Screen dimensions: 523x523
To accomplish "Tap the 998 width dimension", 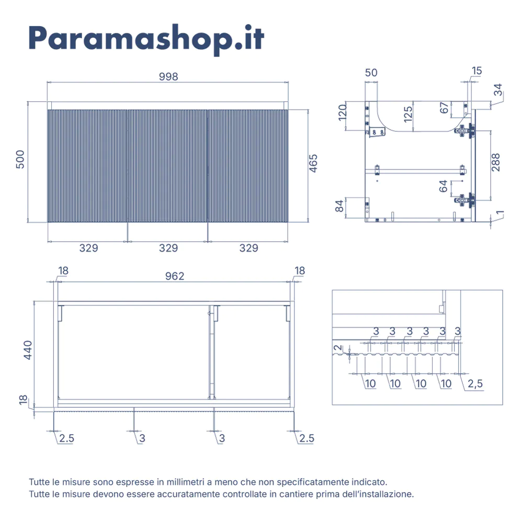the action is coord(168,77).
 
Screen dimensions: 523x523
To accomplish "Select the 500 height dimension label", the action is coord(20,160).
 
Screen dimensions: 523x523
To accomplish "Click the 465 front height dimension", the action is coord(313,163).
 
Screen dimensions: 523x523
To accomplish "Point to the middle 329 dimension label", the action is coord(168,248).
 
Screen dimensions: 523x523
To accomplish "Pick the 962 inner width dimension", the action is coord(175,276).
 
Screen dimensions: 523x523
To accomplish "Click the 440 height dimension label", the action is coord(28,350).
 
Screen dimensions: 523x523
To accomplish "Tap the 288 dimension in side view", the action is coord(496,163).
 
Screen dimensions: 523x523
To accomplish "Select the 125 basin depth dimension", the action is coord(408,115).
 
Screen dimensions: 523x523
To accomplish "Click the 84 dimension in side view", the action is coord(339,206).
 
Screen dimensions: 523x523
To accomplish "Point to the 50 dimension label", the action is coord(371,73).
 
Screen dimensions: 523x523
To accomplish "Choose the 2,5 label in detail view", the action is coord(475,383).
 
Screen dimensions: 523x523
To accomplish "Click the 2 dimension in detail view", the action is coord(338,348).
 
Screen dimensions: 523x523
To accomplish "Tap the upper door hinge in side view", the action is coord(465,131).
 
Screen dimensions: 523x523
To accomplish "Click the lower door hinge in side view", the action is coord(465,200).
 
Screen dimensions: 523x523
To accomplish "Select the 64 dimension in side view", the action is coord(443,186).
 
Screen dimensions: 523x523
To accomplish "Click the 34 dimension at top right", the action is coord(498,90).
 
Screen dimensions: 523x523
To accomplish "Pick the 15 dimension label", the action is coord(477,71).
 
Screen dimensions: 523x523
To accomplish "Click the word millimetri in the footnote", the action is coord(186,482).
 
